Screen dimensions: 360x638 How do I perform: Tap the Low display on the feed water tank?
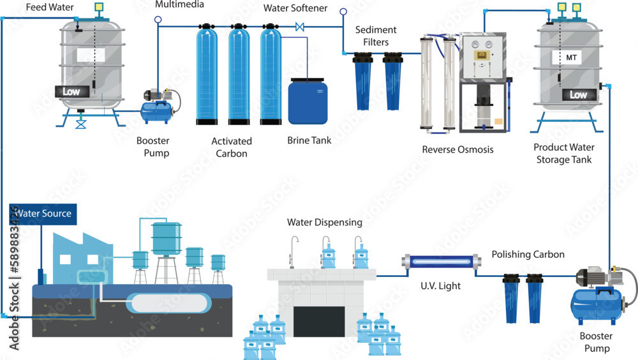coord(71,91)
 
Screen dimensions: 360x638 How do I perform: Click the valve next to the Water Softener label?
coord(300,27)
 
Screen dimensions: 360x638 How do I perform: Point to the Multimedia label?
coord(180,4)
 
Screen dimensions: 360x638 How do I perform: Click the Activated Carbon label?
coord(232,147)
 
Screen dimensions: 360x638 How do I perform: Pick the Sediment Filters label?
coord(376,36)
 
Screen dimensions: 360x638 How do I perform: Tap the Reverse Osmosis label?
coord(457,150)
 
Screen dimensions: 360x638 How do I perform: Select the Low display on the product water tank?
coord(578,94)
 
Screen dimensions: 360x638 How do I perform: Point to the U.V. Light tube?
coord(440,261)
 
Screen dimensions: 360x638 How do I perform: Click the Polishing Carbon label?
coord(528,254)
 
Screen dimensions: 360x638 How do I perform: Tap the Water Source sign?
coord(43,213)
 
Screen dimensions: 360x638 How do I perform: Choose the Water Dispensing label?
coord(324,222)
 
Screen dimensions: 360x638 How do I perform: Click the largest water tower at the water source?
coord(166,237)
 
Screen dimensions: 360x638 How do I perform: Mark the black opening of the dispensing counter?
coord(319,321)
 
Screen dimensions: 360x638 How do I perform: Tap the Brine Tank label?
coord(309,140)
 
